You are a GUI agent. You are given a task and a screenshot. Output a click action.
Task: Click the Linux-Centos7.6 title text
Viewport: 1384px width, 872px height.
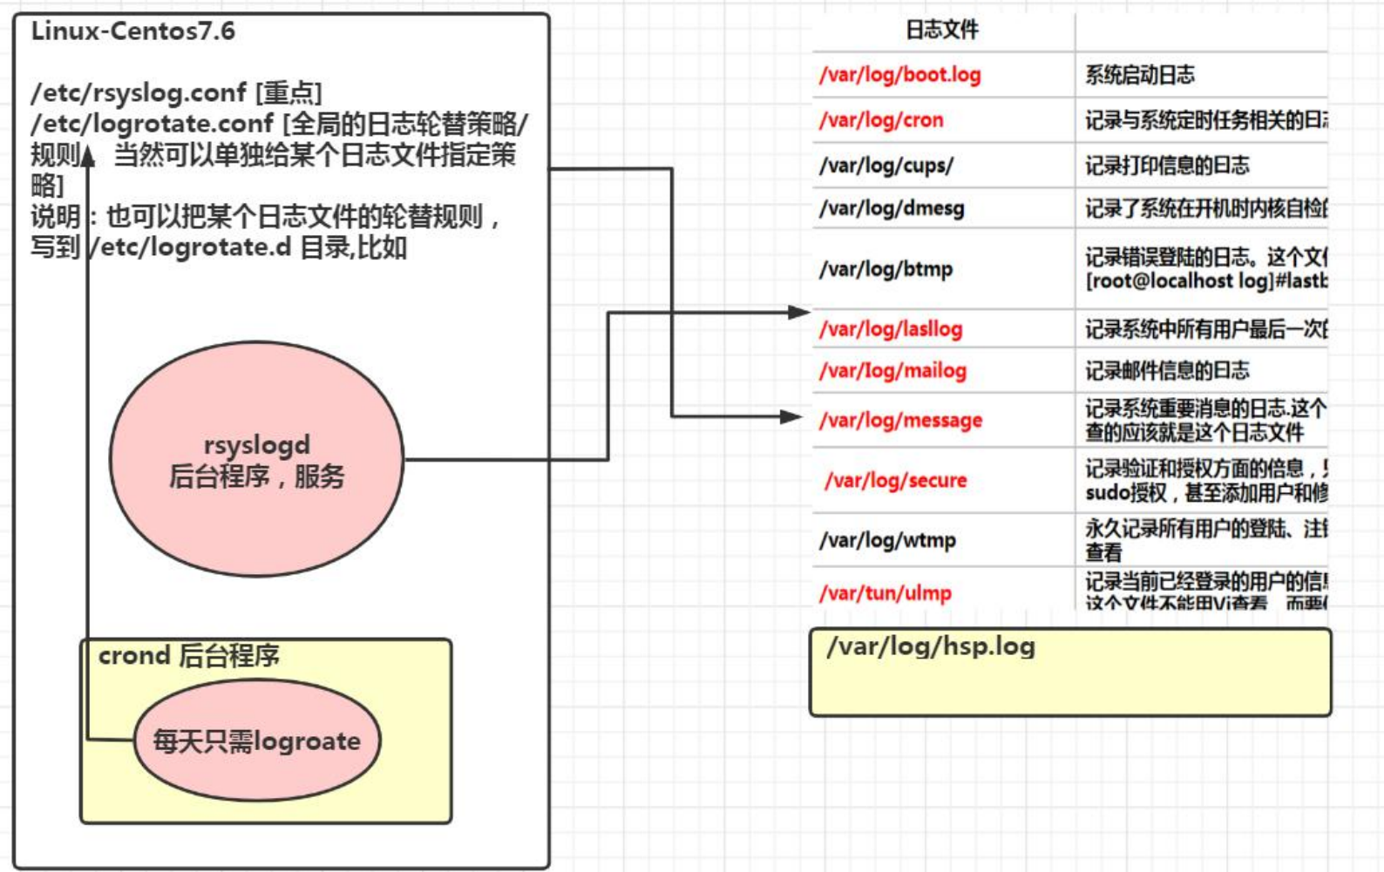(132, 31)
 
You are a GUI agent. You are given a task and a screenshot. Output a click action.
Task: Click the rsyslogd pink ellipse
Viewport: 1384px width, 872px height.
(256, 459)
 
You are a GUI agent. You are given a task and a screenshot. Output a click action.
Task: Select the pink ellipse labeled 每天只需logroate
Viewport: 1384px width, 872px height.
(256, 740)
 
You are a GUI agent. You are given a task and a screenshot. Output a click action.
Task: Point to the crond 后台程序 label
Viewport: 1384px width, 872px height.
(188, 656)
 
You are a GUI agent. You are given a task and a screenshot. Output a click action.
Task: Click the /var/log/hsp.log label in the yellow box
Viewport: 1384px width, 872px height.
(930, 646)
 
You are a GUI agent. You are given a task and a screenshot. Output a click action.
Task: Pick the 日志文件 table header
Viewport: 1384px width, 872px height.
(941, 30)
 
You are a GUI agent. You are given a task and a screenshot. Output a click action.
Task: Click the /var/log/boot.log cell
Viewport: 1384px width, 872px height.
(899, 75)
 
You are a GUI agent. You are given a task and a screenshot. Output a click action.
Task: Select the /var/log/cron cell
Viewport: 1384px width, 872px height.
(880, 120)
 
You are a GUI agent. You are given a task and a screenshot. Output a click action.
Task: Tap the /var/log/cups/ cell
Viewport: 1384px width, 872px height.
(885, 166)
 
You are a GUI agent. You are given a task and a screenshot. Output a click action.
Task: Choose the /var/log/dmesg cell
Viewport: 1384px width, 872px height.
(891, 209)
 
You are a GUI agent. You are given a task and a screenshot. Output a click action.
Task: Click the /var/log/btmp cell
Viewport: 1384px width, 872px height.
(885, 269)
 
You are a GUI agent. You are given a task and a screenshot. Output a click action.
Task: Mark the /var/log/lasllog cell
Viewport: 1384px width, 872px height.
(890, 329)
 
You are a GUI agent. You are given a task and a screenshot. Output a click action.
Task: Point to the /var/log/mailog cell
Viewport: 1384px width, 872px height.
(892, 371)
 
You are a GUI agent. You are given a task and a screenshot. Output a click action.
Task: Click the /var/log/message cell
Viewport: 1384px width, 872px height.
(900, 421)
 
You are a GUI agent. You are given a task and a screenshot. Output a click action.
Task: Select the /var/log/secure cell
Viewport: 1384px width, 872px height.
(895, 481)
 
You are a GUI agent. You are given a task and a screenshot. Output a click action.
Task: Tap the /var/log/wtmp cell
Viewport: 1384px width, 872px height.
(887, 541)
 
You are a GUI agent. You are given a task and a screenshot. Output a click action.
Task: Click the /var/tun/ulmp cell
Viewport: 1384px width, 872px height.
(885, 593)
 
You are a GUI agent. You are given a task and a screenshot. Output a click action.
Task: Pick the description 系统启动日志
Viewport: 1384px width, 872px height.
(1139, 76)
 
